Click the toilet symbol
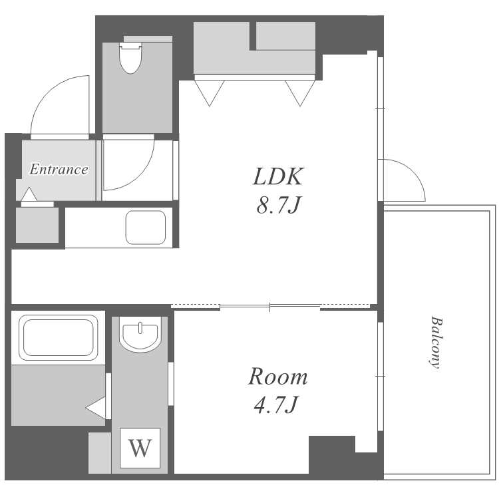coord(130,59)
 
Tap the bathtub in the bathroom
coord(59,337)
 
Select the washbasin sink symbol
coord(140,336)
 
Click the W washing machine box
coord(140,448)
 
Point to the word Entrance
coord(59,169)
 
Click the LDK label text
coord(278,176)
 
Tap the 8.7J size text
coord(278,205)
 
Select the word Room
coord(277,377)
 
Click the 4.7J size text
coord(276,405)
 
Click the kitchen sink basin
coord(146,228)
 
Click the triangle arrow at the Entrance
coord(29,194)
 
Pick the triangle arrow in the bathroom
coord(95,408)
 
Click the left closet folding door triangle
coord(210,93)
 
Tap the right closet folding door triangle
coord(300,93)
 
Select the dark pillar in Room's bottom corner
coord(332,454)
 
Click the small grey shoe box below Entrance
coord(37,225)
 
